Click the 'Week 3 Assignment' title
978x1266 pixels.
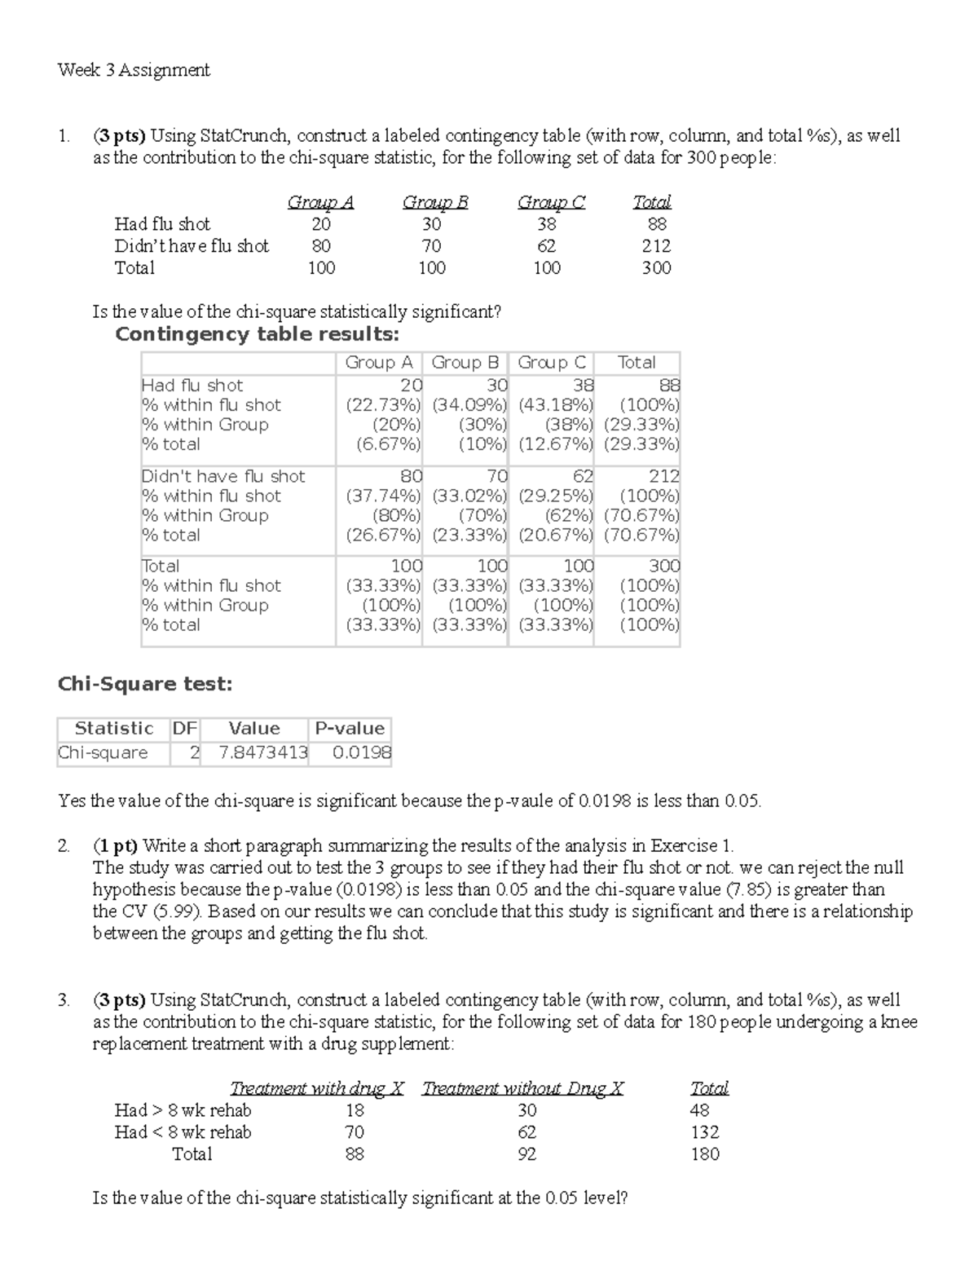pyautogui.click(x=134, y=70)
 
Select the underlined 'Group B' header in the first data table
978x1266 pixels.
pyautogui.click(x=435, y=202)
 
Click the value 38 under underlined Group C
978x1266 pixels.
pyautogui.click(x=547, y=224)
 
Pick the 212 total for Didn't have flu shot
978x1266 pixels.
pyautogui.click(x=656, y=246)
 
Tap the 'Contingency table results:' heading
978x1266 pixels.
pyautogui.click(x=258, y=334)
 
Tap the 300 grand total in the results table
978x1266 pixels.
pyautogui.click(x=664, y=566)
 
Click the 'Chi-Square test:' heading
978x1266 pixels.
pyautogui.click(x=145, y=685)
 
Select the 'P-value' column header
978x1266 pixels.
pyautogui.click(x=350, y=729)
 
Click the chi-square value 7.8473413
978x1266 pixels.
pyautogui.click(x=263, y=753)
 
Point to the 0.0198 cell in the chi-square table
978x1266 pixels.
pyautogui.click(x=362, y=753)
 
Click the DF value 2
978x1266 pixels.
pyautogui.click(x=194, y=753)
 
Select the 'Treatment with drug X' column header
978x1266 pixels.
pyautogui.click(x=317, y=1088)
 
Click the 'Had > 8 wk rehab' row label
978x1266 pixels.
pyautogui.click(x=183, y=1110)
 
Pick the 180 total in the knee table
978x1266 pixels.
pyautogui.click(x=705, y=1154)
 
